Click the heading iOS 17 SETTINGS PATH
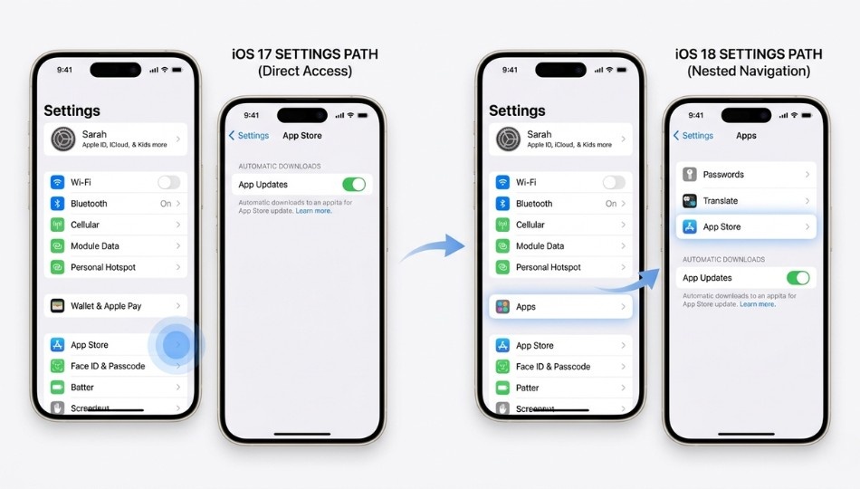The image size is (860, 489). (x=305, y=54)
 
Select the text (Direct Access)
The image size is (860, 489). (x=305, y=72)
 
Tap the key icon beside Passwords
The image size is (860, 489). (x=690, y=175)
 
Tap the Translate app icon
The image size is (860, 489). (x=690, y=201)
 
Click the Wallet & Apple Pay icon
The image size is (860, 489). (x=58, y=306)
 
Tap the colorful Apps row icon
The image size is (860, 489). (x=502, y=307)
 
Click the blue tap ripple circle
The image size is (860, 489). (x=177, y=345)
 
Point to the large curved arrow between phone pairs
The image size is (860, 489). (x=434, y=246)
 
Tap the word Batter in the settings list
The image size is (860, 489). (x=82, y=388)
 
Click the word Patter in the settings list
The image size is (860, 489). (x=528, y=388)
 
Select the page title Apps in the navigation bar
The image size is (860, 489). (x=747, y=136)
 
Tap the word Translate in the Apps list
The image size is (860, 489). (x=721, y=201)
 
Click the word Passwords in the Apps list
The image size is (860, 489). (x=723, y=175)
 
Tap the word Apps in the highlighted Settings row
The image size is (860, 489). (x=526, y=307)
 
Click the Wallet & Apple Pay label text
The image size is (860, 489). (x=107, y=306)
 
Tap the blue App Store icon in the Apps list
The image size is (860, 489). (x=690, y=227)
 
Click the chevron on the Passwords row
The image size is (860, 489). (x=807, y=175)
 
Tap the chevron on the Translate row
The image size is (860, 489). (x=807, y=201)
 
